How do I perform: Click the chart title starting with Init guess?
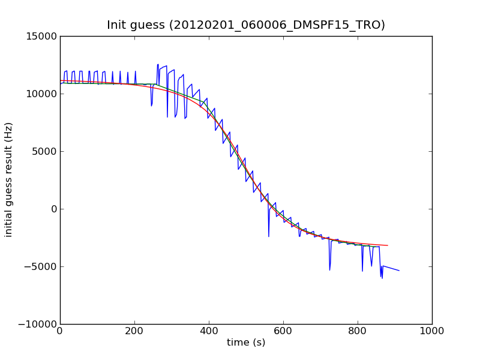[246, 25]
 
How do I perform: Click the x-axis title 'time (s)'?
[246, 343]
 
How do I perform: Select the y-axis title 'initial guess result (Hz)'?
[9, 179]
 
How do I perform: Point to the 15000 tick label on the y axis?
[42, 36]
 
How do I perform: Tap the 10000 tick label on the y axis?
[42, 94]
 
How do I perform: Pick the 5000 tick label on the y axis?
[44, 151]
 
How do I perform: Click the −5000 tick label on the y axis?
[42, 266]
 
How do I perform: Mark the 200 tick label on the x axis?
[134, 331]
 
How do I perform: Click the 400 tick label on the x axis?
[209, 331]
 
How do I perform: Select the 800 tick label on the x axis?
[358, 331]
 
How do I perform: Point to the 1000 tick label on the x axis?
[432, 331]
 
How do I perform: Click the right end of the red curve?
[388, 245]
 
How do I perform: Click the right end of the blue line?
[399, 271]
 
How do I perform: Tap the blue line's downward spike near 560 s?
[269, 236]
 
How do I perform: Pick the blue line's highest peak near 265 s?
[158, 64]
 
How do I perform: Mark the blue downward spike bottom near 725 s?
[329, 270]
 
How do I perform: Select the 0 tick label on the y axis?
[53, 209]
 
